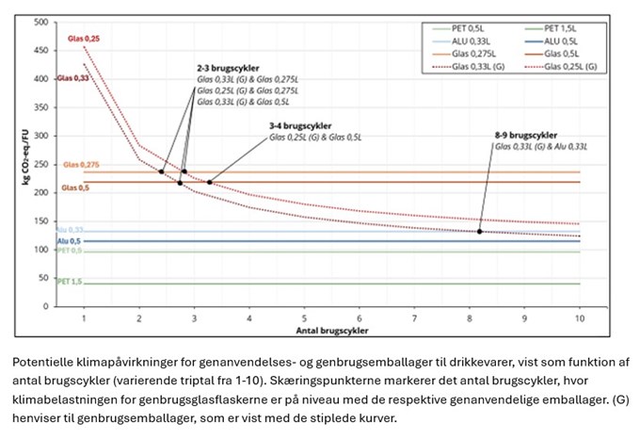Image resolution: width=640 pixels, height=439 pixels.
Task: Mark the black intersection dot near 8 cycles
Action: tap(479, 231)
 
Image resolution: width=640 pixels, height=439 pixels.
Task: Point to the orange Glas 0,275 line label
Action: tap(79, 165)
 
